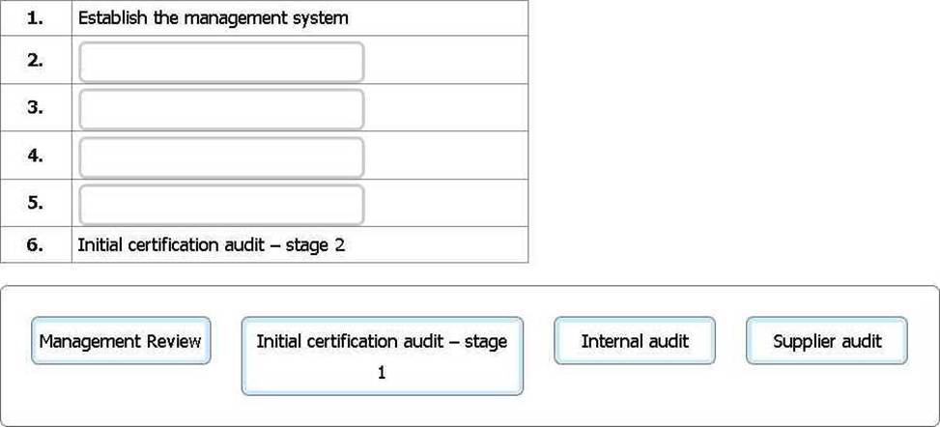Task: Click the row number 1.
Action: (x=35, y=18)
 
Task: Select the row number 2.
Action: (x=35, y=60)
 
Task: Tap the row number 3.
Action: (x=35, y=108)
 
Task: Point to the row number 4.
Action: (x=35, y=156)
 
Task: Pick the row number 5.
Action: (x=35, y=203)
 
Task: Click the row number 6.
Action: (x=35, y=244)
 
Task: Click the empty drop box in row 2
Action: (x=221, y=61)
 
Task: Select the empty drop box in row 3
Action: (x=221, y=109)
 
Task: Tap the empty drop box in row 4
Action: (x=221, y=157)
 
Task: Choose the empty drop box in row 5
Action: (x=221, y=205)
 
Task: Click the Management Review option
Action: (x=121, y=341)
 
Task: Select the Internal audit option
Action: (x=635, y=341)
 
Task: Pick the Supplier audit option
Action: (x=827, y=341)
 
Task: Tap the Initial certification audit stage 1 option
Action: (x=383, y=356)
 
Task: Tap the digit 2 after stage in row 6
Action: (x=339, y=245)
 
